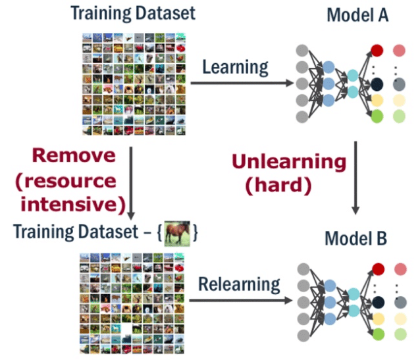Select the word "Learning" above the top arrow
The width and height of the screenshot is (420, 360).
pyautogui.click(x=236, y=66)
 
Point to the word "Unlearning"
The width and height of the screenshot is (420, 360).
pyautogui.click(x=288, y=161)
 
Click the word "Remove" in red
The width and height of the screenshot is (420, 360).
pyautogui.click(x=74, y=156)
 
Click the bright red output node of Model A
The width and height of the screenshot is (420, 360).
pyautogui.click(x=377, y=49)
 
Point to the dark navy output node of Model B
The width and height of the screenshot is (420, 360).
pyautogui.click(x=377, y=301)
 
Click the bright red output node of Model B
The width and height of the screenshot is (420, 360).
pyautogui.click(x=377, y=267)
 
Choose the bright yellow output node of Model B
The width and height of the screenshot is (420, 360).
pyautogui.click(x=377, y=319)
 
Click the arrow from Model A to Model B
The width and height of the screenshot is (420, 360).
pyautogui.click(x=355, y=178)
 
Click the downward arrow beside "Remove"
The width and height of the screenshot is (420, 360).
pyautogui.click(x=132, y=184)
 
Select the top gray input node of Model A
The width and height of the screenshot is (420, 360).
pyautogui.click(x=303, y=50)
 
